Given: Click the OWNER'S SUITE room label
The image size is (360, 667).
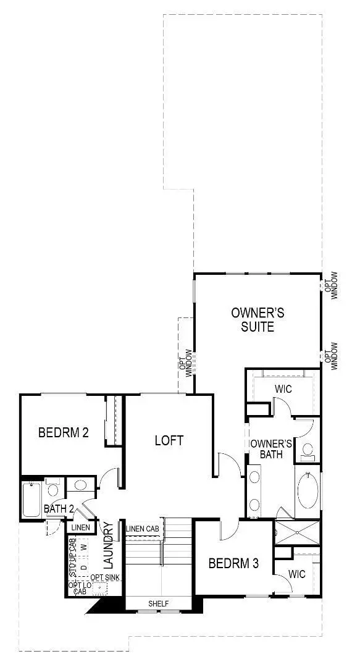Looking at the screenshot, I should (x=253, y=319).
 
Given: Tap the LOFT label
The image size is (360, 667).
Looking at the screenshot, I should (x=169, y=440).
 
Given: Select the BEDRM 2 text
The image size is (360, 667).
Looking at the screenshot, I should (x=63, y=432).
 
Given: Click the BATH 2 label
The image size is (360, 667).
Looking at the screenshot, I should (x=59, y=509).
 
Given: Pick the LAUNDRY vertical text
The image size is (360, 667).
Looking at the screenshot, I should (x=110, y=546).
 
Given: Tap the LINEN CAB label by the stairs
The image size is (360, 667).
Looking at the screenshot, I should (x=144, y=529).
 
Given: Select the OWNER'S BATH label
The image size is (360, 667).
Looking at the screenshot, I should (x=270, y=449).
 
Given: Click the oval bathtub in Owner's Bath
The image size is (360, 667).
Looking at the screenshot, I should (x=308, y=490).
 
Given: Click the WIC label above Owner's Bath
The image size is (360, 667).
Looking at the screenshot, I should (x=283, y=390).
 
